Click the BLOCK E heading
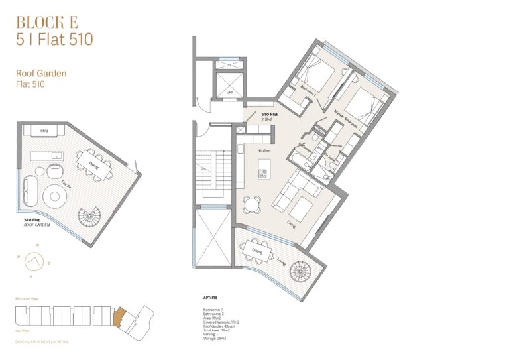(x=46, y=22)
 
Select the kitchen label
(x=264, y=151)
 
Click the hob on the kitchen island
(x=264, y=174)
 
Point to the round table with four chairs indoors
(x=251, y=203)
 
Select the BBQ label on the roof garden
(x=44, y=131)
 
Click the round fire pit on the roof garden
(x=55, y=196)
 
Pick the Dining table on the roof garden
(x=89, y=163)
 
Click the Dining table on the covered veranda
(x=256, y=250)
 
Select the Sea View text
(x=23, y=328)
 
